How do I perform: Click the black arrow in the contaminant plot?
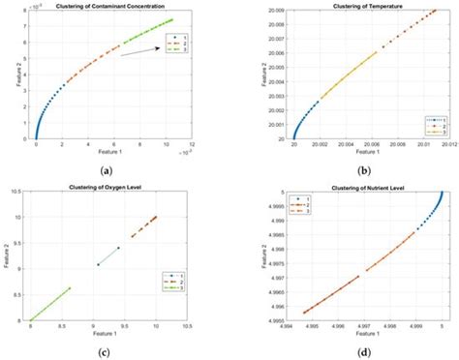click(140, 51)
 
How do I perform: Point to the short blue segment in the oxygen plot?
click(107, 255)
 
